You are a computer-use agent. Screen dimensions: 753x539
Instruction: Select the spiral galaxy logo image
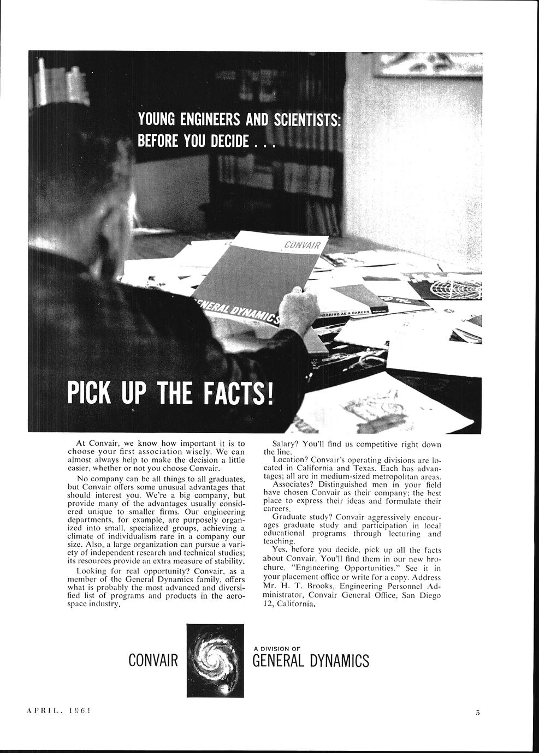click(x=215, y=660)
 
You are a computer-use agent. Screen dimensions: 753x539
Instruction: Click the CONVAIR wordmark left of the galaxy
click(x=153, y=661)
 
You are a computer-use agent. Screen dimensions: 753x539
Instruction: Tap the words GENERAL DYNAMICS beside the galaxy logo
click(x=310, y=661)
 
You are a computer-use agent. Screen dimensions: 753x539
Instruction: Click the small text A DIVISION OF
click(x=277, y=648)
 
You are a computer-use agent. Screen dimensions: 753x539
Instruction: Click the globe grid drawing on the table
click(x=455, y=288)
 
